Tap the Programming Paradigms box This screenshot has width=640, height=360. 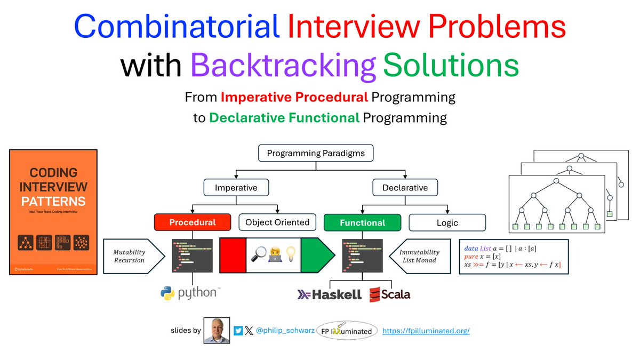[x=316, y=154]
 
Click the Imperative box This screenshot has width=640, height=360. [x=236, y=188]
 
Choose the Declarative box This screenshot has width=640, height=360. [x=405, y=188]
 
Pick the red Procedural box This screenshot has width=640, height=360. [x=193, y=222]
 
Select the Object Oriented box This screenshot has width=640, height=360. [x=277, y=222]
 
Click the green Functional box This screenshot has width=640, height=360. [x=363, y=222]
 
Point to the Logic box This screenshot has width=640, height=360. [x=447, y=222]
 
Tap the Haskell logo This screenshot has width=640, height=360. [x=329, y=294]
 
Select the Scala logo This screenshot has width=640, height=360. [x=390, y=294]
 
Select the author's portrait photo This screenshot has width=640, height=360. [x=217, y=331]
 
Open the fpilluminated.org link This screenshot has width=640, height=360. [x=426, y=331]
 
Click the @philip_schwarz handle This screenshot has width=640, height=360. [x=285, y=331]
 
